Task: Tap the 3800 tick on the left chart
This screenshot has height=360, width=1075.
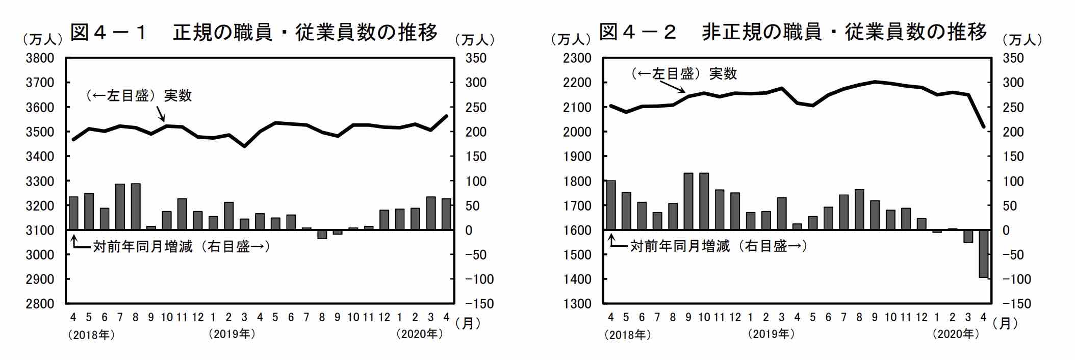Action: click(40, 58)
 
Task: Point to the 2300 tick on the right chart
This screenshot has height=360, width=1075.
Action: click(577, 58)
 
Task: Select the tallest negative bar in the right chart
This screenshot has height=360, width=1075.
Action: click(983, 254)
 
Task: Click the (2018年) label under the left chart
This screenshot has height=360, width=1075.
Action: click(91, 335)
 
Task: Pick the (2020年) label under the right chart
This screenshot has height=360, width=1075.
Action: click(956, 335)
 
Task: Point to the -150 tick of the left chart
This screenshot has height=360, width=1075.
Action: click(479, 304)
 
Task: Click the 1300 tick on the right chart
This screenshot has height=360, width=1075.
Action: click(577, 304)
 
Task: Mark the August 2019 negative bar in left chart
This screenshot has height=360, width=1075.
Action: click(322, 235)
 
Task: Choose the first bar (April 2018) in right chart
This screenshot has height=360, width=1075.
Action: click(610, 205)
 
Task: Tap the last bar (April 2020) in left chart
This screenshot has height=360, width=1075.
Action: click(446, 214)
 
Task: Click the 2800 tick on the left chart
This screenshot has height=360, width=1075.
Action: click(40, 304)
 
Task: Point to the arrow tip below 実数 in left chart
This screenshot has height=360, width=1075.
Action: click(164, 121)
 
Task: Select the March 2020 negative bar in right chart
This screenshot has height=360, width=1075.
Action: click(968, 236)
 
